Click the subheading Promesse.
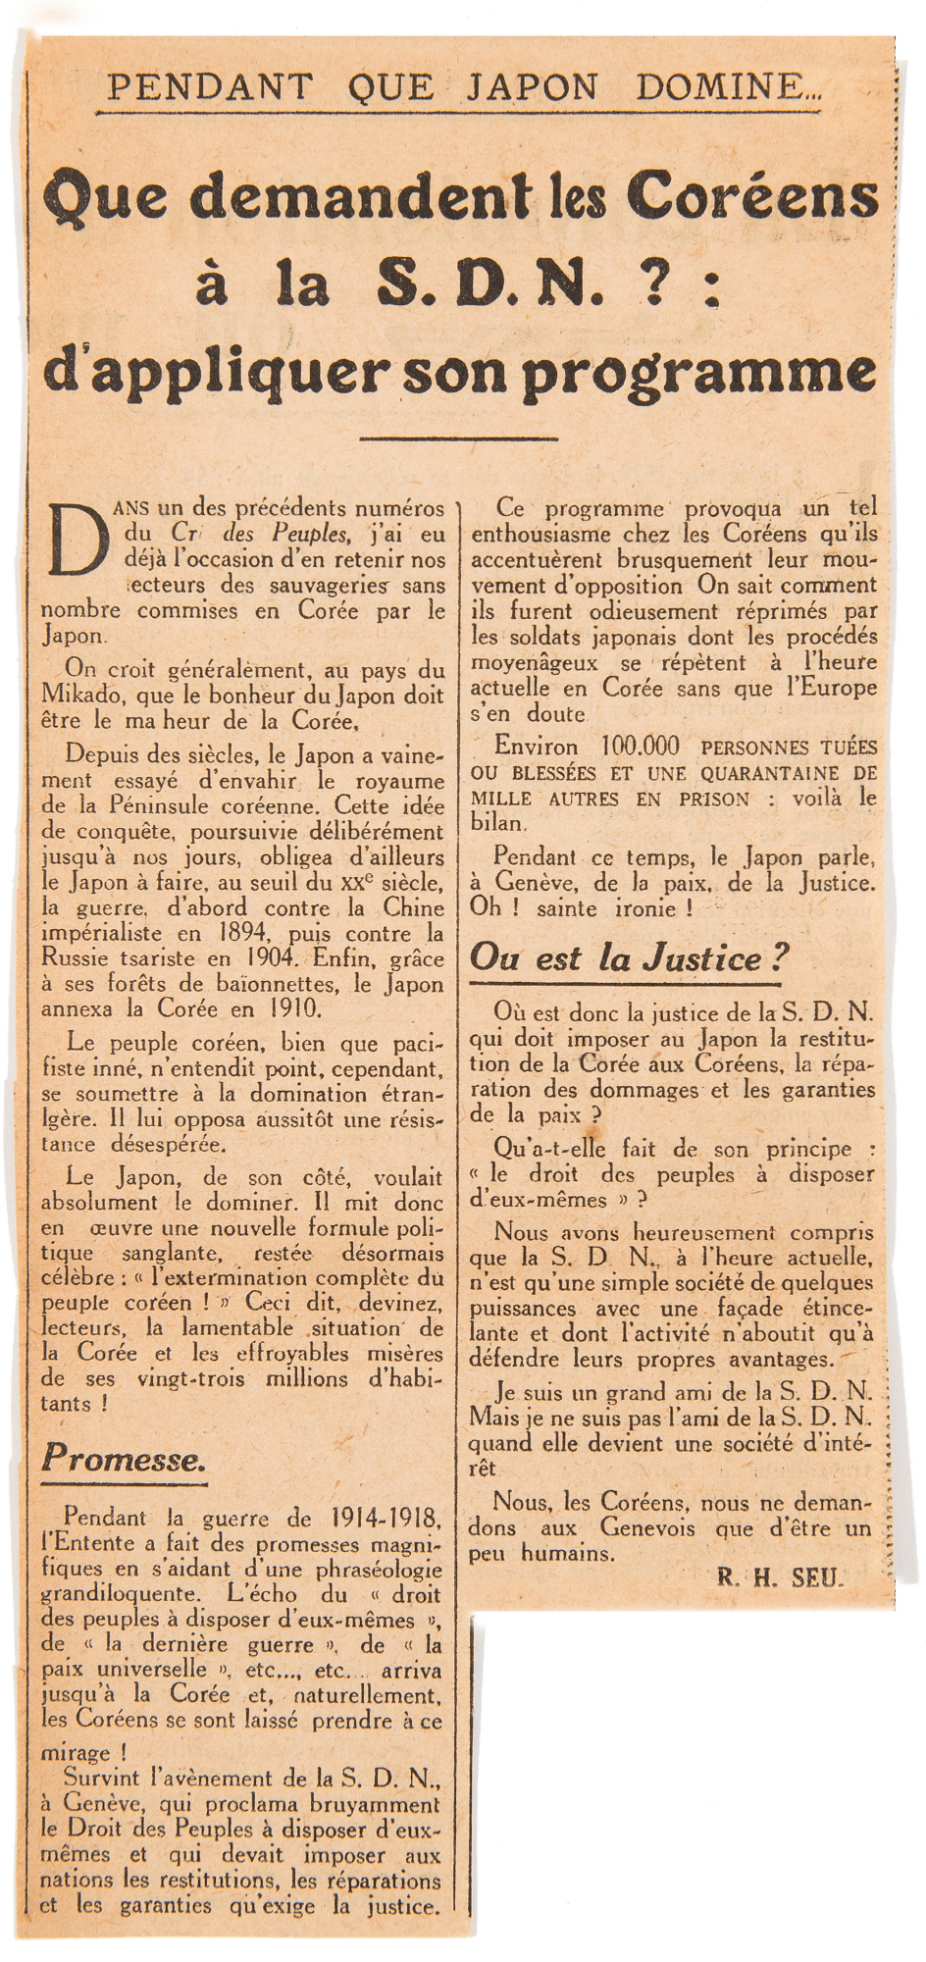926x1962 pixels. click(124, 1459)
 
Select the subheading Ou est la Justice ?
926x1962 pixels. click(630, 957)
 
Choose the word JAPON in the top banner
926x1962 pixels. click(531, 88)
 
